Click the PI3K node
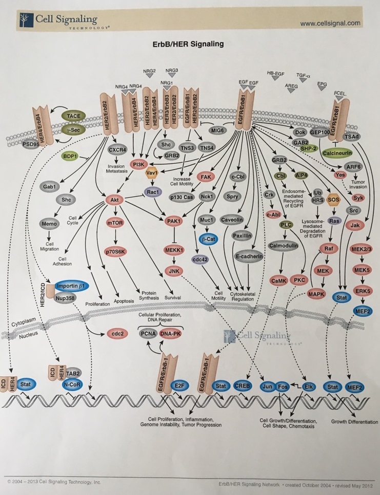coord(138,164)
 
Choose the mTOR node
coord(114,223)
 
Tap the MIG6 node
coord(219,131)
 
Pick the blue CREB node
coord(242,386)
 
